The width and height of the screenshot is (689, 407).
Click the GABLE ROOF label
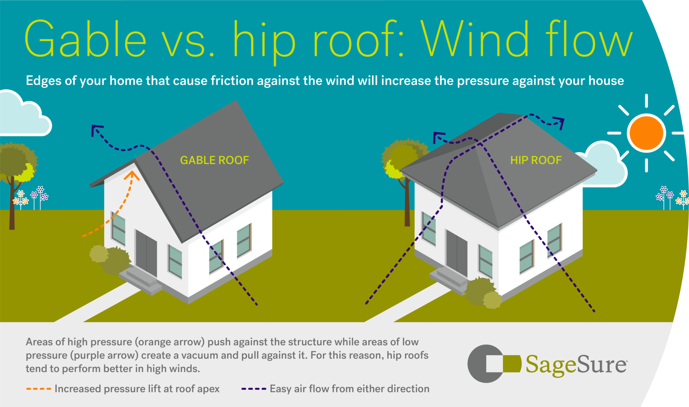click(214, 160)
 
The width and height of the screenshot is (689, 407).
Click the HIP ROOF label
click(536, 160)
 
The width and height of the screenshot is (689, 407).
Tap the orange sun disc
click(646, 133)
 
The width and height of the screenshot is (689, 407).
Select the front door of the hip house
click(457, 252)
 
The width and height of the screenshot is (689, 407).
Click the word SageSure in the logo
click(576, 365)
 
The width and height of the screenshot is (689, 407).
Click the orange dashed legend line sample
click(38, 389)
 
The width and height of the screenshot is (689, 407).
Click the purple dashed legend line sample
click(254, 389)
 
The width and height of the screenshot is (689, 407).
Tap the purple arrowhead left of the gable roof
click(96, 130)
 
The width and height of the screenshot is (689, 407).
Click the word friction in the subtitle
click(232, 81)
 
